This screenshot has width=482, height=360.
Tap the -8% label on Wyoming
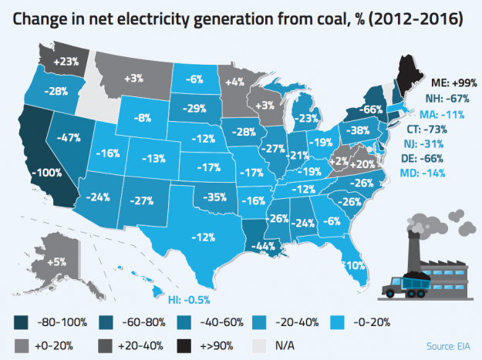tap(140, 119)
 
